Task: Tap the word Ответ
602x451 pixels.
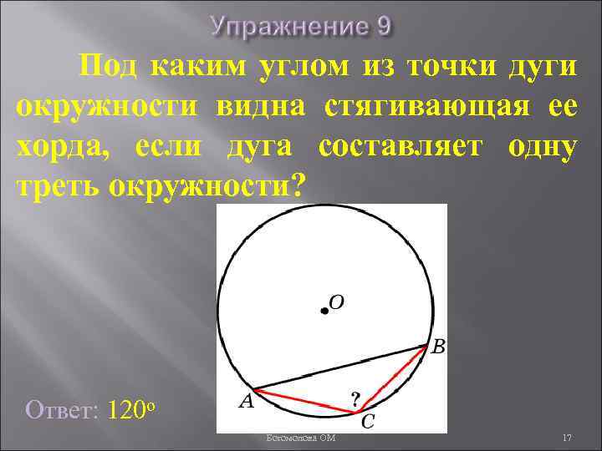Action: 63,410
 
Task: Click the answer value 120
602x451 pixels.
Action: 126,410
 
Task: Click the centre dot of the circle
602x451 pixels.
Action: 324,311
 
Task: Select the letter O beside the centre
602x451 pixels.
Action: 336,302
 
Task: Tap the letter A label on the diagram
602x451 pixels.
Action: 246,402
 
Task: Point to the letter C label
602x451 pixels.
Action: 367,423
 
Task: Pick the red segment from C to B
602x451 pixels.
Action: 391,378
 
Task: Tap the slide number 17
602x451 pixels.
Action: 566,438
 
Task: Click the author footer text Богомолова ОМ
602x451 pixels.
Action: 300,438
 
